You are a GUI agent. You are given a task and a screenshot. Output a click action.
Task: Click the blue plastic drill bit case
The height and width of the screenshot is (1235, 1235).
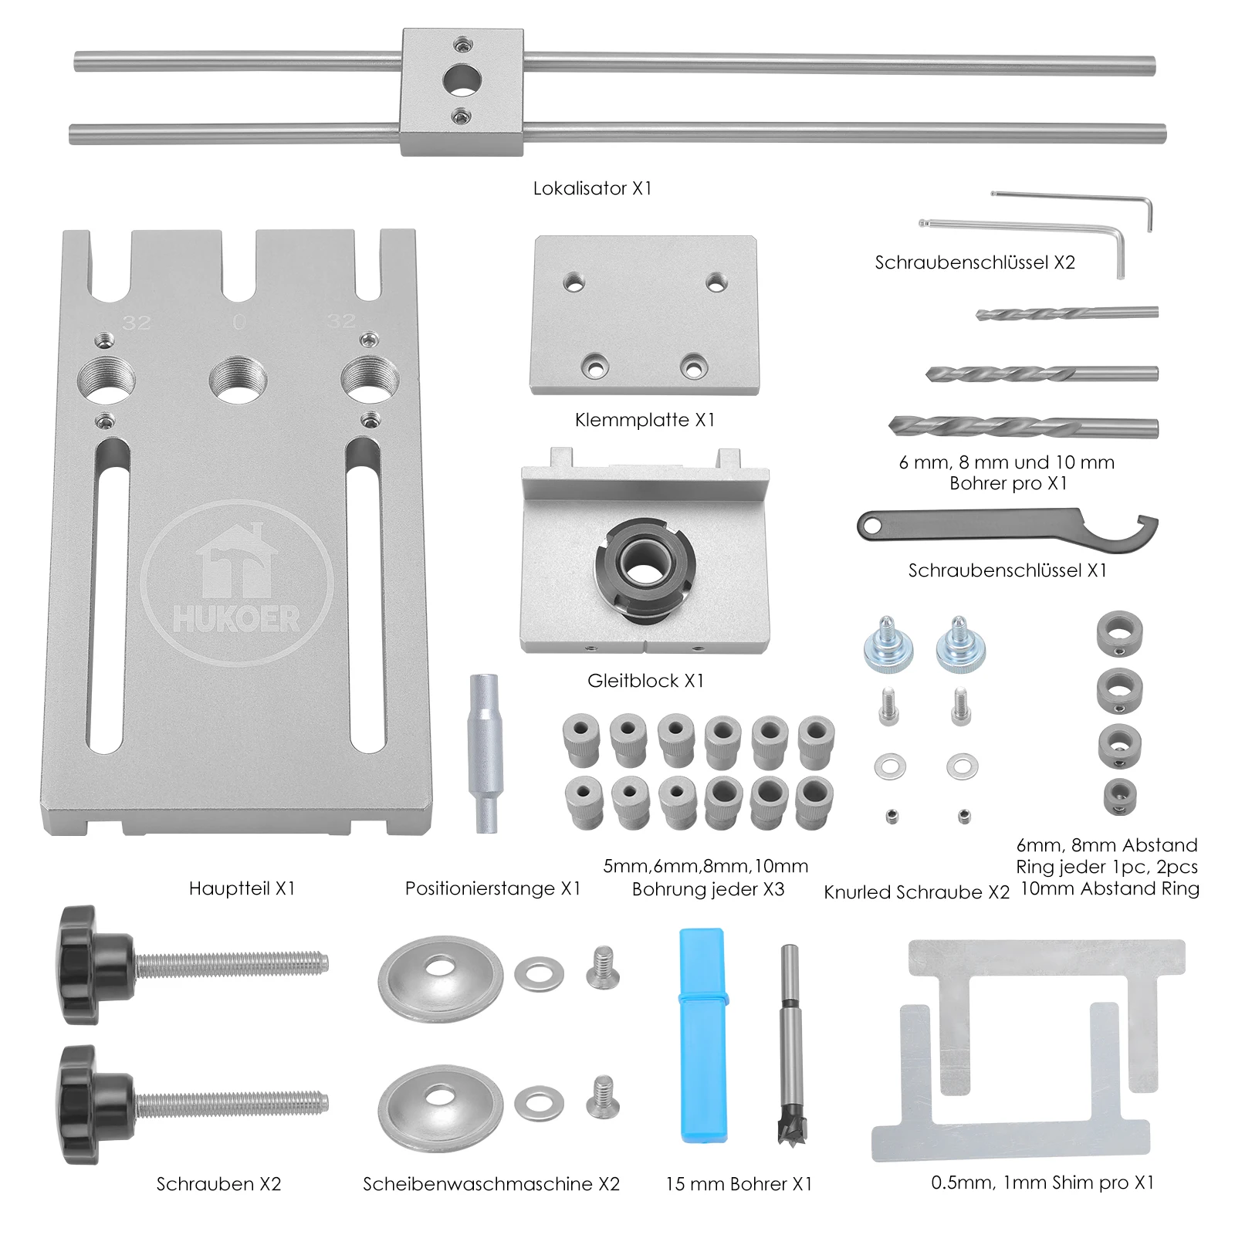pyautogui.click(x=702, y=1034)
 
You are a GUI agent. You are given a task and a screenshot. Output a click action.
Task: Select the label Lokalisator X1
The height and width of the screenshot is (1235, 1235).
pyautogui.click(x=592, y=188)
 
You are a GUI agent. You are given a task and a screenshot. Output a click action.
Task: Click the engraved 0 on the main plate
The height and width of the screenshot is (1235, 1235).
pyautogui.click(x=239, y=322)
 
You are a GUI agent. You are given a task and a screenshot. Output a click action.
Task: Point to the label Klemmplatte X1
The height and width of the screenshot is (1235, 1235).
pyautogui.click(x=645, y=420)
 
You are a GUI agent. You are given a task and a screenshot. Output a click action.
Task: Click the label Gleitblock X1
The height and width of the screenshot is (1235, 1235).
pyautogui.click(x=645, y=681)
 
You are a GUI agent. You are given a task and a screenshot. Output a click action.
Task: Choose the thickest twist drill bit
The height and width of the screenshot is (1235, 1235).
pyautogui.click(x=1023, y=426)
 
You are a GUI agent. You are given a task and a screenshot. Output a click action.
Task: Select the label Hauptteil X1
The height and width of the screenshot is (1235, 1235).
pyautogui.click(x=242, y=888)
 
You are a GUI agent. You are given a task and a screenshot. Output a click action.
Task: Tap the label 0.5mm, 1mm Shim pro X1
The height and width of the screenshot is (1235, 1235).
pyautogui.click(x=1042, y=1183)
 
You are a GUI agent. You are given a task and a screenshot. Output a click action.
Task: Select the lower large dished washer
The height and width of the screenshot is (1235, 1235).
pyautogui.click(x=440, y=1102)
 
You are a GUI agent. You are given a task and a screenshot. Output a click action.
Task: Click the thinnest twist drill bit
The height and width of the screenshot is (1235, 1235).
pyautogui.click(x=1067, y=313)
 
